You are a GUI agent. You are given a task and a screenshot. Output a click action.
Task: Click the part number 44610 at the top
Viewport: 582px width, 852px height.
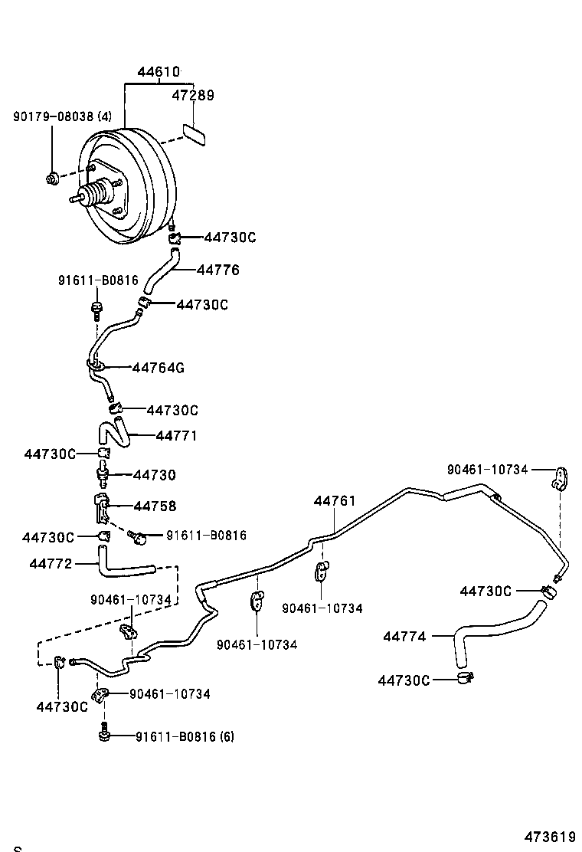pos(159,73)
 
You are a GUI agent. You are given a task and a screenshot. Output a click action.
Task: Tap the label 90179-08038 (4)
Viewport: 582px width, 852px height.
pos(62,117)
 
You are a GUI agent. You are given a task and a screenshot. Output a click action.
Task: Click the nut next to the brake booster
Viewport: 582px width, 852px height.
pos(52,181)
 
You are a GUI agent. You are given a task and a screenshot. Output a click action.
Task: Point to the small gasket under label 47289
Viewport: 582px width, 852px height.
pos(196,135)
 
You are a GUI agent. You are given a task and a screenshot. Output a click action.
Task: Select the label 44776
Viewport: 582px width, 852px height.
pos(218,270)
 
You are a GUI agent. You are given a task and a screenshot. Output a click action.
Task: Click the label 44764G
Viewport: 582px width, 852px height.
pos(158,368)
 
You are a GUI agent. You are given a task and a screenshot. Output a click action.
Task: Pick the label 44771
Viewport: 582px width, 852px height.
pos(176,436)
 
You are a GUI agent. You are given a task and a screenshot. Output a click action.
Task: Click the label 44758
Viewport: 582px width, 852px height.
pos(155,506)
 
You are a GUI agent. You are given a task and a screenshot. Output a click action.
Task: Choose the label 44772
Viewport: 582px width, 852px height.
pos(51,564)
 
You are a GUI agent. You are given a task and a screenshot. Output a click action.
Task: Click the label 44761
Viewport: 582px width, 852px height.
pos(335,501)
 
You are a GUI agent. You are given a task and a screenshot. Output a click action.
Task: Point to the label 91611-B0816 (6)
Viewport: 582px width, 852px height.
pos(185,737)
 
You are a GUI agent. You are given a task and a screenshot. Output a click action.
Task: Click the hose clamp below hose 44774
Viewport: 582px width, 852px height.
pos(465,677)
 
